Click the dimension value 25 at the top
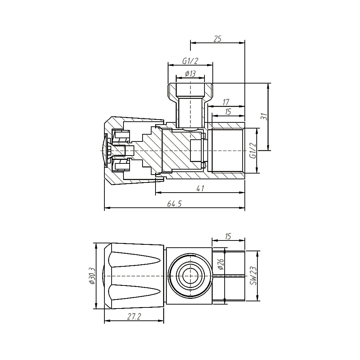217,39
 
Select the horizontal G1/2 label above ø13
190,62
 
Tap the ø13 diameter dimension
190,73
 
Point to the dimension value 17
226,103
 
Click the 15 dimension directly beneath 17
228,112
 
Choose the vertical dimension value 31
264,117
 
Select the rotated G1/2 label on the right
253,150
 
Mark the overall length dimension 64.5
174,204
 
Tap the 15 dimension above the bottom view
228,237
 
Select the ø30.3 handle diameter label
91,276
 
